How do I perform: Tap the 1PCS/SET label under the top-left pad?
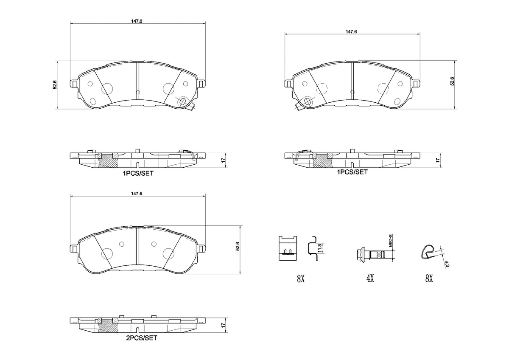[x=138, y=174]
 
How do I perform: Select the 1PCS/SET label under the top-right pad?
[x=352, y=172]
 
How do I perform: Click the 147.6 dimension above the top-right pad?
[x=351, y=31]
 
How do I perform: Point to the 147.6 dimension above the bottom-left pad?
[x=137, y=194]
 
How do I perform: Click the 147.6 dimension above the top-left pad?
[x=137, y=21]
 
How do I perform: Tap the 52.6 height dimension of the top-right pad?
[x=452, y=81]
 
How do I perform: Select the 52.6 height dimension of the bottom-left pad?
[x=238, y=246]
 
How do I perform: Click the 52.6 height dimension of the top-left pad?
[x=55, y=84]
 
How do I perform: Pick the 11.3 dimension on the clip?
[x=320, y=248]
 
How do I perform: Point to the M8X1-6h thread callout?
[x=390, y=240]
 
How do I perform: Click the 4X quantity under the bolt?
[x=370, y=278]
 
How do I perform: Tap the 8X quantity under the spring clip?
[x=429, y=278]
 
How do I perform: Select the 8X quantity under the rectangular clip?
[x=301, y=278]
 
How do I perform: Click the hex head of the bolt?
[x=360, y=254]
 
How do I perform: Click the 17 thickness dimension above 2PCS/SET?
[x=223, y=325]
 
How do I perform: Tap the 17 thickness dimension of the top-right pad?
[x=438, y=160]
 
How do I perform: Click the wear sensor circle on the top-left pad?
[x=182, y=101]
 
